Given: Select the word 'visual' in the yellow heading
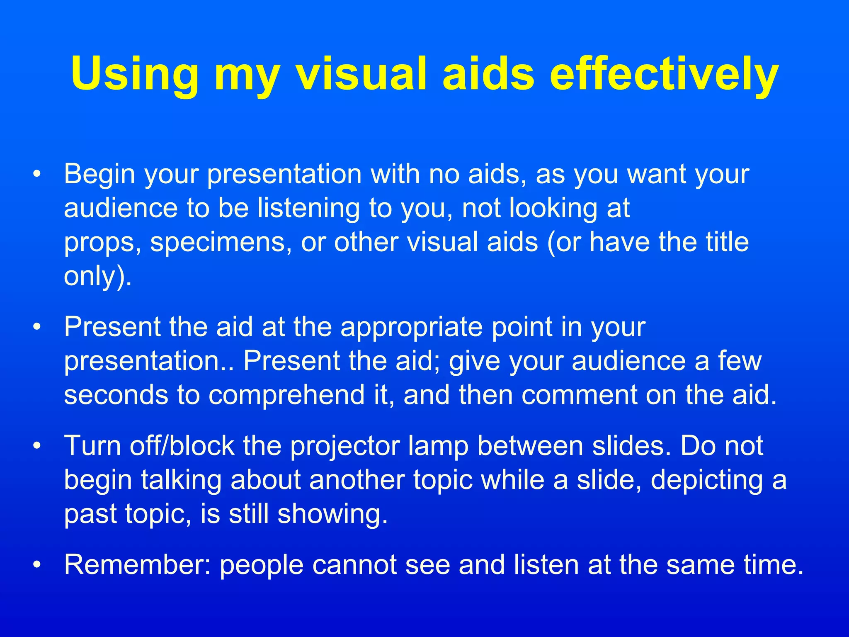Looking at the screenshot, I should point(361,75).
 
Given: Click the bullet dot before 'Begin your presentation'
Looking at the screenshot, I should point(38,174).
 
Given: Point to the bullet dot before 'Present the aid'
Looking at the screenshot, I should point(38,328).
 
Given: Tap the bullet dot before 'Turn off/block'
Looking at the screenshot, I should point(38,447).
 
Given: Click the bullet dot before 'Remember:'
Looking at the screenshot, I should point(38,565).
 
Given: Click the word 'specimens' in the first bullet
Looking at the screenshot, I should point(218,243).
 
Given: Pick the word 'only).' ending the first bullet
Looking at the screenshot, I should point(98,276).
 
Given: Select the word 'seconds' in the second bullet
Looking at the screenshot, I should point(116,395).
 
